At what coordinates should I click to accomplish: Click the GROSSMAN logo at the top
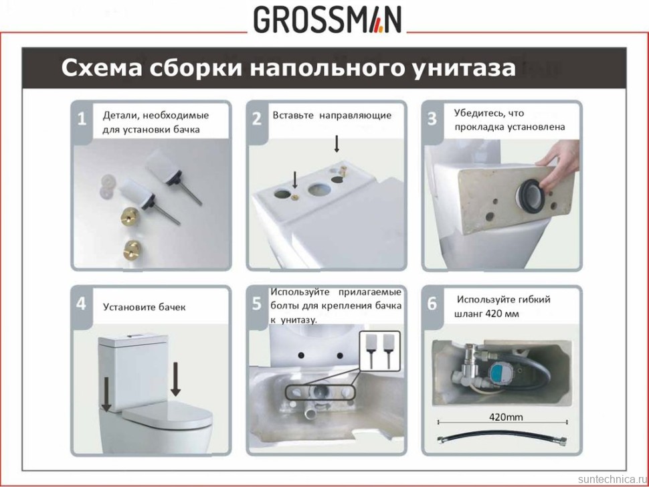tap(327, 20)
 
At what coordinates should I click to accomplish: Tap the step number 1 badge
tap(82, 120)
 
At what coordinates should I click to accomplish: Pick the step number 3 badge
tap(432, 119)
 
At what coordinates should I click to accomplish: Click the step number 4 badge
tap(82, 304)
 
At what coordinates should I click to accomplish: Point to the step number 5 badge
tap(257, 304)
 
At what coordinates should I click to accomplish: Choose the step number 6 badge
tap(432, 304)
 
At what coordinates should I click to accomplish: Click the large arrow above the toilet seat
tap(175, 379)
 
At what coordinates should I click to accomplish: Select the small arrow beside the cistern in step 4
tap(106, 395)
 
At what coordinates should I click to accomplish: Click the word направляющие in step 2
tap(355, 115)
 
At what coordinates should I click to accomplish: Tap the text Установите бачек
tap(144, 307)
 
